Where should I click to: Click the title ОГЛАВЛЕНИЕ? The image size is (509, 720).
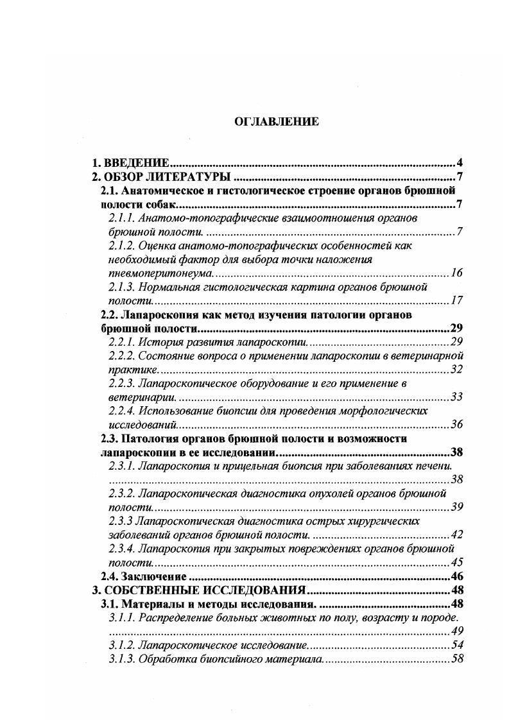pos(276,122)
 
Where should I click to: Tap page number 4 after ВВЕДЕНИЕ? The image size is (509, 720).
pos(460,163)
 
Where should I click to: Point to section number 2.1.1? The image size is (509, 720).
pos(122,218)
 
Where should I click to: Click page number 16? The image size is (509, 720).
pos(456,273)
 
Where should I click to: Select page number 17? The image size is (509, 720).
pos(456,300)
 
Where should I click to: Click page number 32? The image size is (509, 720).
pos(456,369)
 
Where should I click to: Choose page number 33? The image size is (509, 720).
pos(456,397)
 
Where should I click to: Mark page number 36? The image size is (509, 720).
pos(456,424)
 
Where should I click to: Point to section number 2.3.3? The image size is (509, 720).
pos(122,520)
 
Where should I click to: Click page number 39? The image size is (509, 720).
pos(456,507)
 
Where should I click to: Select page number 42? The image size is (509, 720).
pos(456,534)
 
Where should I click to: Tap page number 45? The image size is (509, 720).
pos(456,562)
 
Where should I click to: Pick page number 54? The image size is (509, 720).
pos(456,645)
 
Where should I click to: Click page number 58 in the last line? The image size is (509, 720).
pos(456,659)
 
